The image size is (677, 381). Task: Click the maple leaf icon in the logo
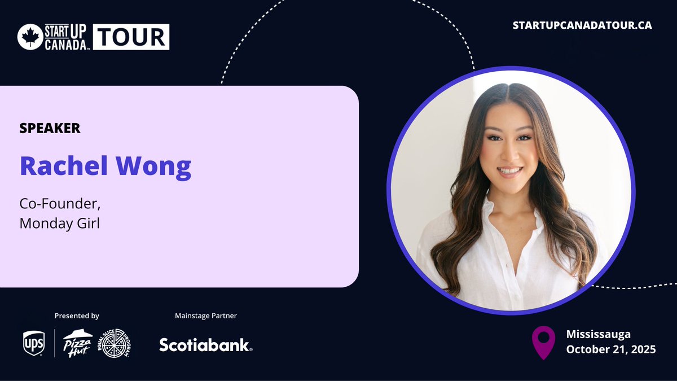click(x=30, y=37)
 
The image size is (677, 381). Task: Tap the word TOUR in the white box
click(x=131, y=37)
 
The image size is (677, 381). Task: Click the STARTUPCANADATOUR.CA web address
click(x=582, y=26)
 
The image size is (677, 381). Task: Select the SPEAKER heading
click(x=50, y=128)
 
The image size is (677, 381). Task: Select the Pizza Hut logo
click(x=78, y=343)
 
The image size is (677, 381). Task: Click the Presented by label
click(x=77, y=316)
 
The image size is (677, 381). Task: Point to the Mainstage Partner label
click(x=206, y=316)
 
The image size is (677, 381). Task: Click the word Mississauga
click(x=598, y=334)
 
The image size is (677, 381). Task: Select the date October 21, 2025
click(x=611, y=349)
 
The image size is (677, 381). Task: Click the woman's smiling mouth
click(x=510, y=170)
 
